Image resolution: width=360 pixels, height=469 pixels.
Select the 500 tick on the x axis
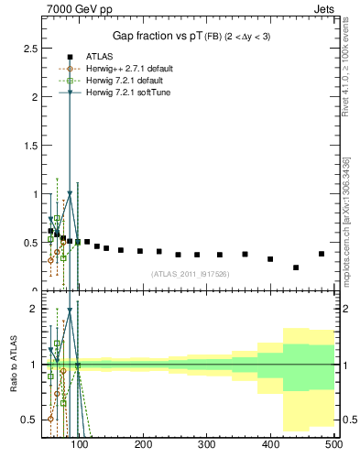333,444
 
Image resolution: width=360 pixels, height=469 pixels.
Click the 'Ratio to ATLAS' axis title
13,365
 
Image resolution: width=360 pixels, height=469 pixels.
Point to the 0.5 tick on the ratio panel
29,420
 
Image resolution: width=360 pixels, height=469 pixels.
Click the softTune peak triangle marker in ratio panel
70,311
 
